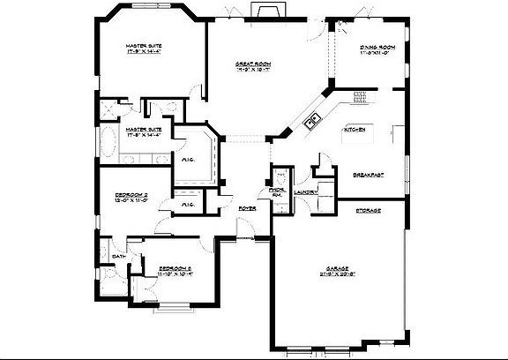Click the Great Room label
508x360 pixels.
(x=251, y=64)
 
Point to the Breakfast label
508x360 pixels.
(x=366, y=174)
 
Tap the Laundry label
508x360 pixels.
(x=306, y=191)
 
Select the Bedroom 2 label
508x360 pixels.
(x=130, y=196)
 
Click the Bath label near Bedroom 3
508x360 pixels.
(x=117, y=257)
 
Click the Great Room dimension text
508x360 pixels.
(x=251, y=71)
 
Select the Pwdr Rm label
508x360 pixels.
(x=276, y=191)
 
